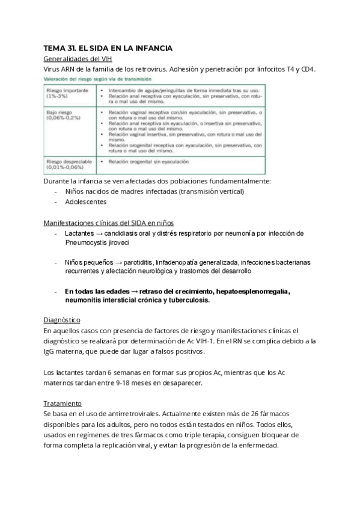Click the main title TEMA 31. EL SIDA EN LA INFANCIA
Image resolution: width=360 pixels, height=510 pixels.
108,48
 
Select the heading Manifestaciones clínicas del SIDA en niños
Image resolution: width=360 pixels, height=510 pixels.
109,223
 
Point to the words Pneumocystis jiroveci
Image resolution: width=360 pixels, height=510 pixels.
96,244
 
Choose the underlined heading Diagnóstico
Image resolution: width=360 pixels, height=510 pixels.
62,320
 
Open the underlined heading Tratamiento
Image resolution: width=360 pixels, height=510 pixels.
63,403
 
